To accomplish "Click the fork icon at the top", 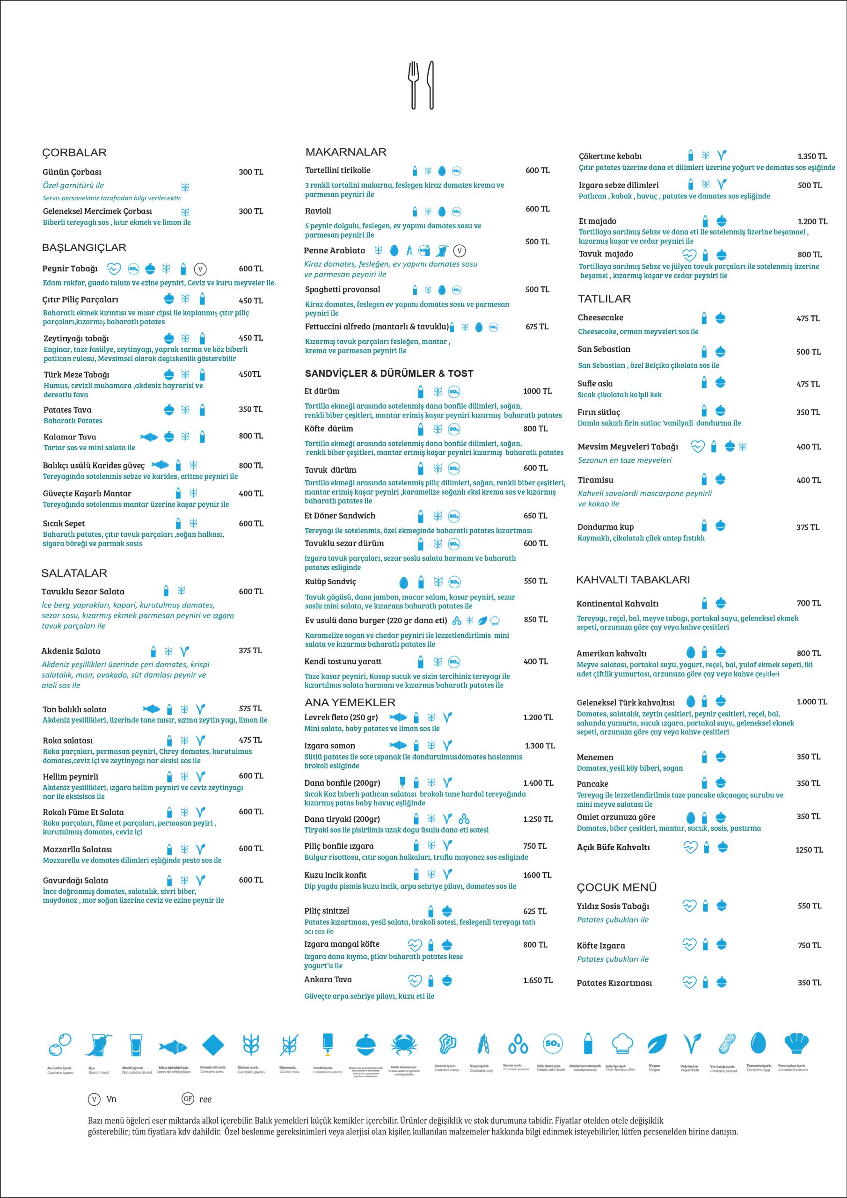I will click(414, 85).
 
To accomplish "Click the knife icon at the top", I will click(431, 85).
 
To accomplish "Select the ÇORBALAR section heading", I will click(74, 153).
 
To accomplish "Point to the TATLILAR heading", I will click(604, 299).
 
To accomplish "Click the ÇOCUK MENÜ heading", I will click(616, 887).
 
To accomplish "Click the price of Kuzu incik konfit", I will click(537, 875).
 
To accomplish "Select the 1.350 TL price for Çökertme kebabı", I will click(811, 156).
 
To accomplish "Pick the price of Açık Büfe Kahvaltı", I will click(809, 850).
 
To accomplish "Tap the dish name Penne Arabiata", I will click(335, 250).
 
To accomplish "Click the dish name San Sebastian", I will click(604, 349).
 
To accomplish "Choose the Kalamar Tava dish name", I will click(69, 437).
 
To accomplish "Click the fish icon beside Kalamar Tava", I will click(149, 436).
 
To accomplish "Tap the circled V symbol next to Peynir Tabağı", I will click(200, 269).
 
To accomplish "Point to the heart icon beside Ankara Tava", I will click(414, 980).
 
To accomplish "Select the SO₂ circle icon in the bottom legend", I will click(553, 1044).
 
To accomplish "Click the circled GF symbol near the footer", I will click(188, 1099).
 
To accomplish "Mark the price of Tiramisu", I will click(808, 480).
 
